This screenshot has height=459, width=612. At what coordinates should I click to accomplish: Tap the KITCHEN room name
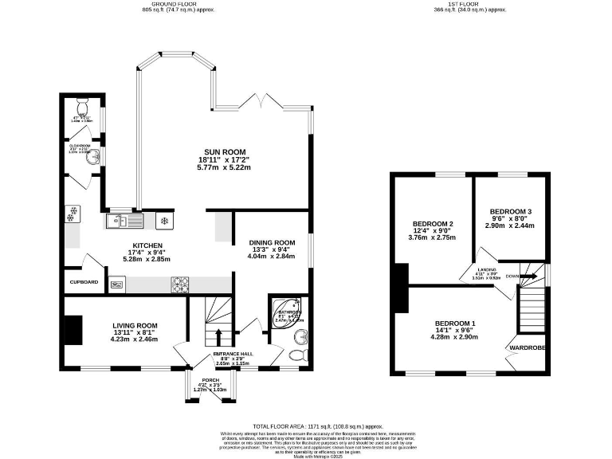147,245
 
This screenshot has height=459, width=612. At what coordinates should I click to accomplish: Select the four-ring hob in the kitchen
178,282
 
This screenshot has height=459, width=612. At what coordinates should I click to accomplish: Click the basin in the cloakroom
93,156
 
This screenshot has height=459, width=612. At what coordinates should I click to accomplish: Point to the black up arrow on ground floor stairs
218,331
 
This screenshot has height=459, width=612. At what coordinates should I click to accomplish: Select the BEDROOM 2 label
433,223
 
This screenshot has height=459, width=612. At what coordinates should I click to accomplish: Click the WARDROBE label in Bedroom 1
528,347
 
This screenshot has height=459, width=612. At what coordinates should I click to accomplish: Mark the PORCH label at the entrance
210,380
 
